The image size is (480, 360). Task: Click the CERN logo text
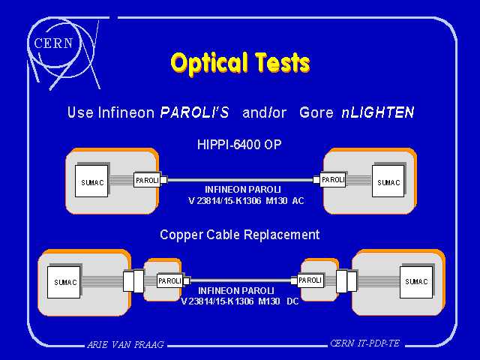tap(53, 43)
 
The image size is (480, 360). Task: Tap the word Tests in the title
tap(283, 62)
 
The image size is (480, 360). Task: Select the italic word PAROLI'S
tap(195, 112)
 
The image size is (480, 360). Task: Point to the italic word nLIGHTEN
tap(378, 112)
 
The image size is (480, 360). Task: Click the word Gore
tap(316, 112)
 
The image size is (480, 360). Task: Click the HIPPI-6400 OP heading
tap(239, 145)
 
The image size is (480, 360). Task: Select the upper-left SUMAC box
tap(91, 181)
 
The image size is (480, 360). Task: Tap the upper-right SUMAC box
tap(388, 181)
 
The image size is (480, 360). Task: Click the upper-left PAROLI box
tap(147, 180)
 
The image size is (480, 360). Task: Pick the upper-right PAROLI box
tap(333, 179)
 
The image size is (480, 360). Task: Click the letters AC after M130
tap(298, 201)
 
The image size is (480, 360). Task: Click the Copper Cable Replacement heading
tap(240, 235)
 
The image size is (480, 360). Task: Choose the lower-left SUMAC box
tap(64, 282)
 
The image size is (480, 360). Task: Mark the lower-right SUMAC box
tap(416, 282)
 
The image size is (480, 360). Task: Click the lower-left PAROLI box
tap(170, 280)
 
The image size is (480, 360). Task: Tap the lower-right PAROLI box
tap(310, 280)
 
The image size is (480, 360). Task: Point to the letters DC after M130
tap(292, 301)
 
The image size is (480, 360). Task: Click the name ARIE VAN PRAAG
tap(125, 345)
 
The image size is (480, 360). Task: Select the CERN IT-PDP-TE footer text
tap(365, 343)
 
